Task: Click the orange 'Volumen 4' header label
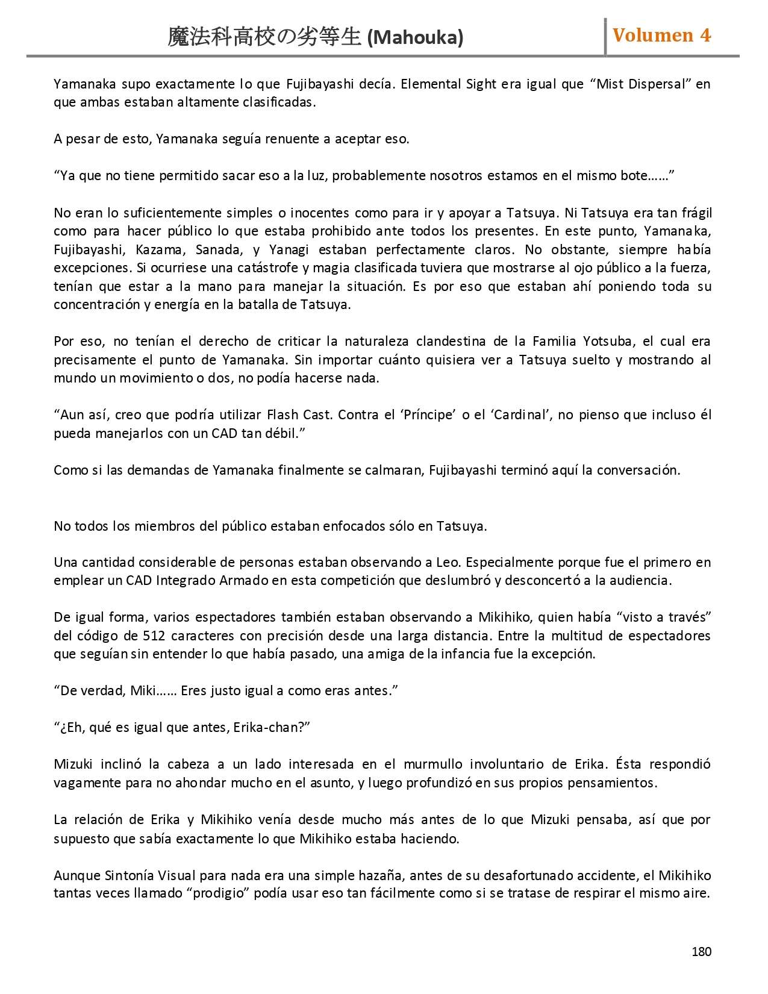tap(661, 36)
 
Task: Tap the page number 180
tap(701, 952)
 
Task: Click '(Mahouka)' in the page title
tap(415, 37)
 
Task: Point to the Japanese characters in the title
tap(264, 37)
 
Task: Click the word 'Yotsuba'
tap(608, 341)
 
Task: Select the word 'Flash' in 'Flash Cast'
tap(284, 414)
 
